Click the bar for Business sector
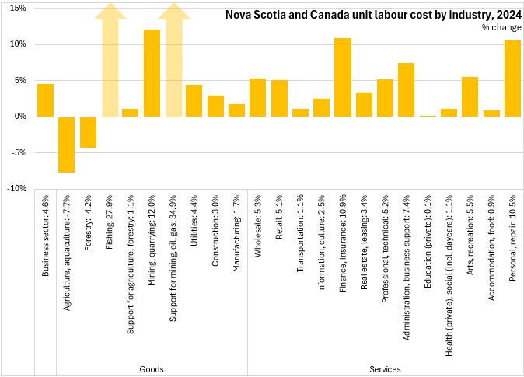click(x=45, y=100)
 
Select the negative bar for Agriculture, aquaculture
click(x=67, y=145)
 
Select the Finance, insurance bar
click(x=343, y=78)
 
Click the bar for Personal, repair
click(x=512, y=79)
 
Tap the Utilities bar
click(x=194, y=101)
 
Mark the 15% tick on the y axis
click(x=17, y=8)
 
